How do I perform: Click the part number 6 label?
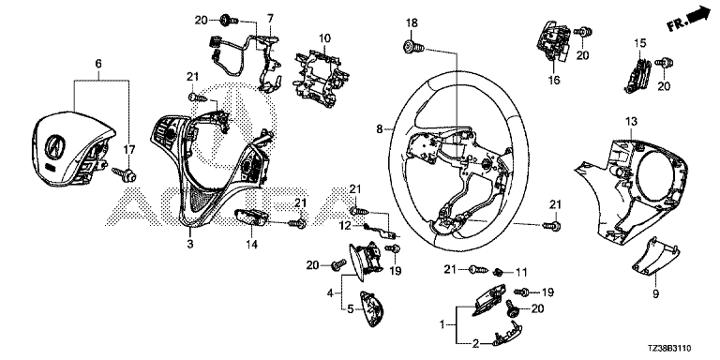pyautogui.click(x=98, y=65)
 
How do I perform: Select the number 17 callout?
pyautogui.click(x=129, y=150)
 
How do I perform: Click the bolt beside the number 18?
pyautogui.click(x=412, y=46)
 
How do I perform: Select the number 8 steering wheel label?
pyautogui.click(x=379, y=129)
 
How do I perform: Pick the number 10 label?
pyautogui.click(x=324, y=38)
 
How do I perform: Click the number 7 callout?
pyautogui.click(x=270, y=19)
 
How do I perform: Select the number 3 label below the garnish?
pyautogui.click(x=190, y=244)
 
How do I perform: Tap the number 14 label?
pyautogui.click(x=251, y=245)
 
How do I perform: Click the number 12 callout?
pyautogui.click(x=345, y=225)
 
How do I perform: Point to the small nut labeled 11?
pyautogui.click(x=497, y=272)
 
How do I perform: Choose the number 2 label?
pyautogui.click(x=475, y=342)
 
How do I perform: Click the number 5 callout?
pyautogui.click(x=350, y=309)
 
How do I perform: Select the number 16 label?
pyautogui.click(x=554, y=81)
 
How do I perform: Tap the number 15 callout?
pyautogui.click(x=640, y=44)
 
